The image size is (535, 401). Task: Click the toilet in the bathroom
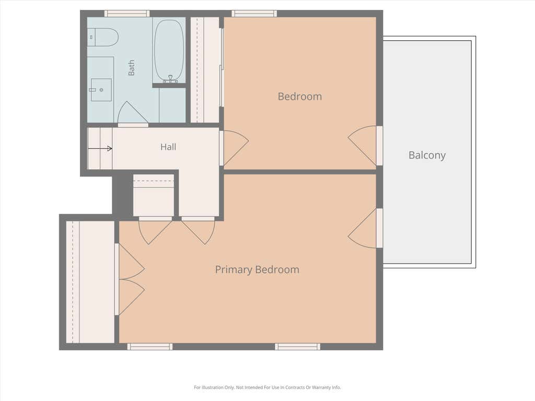coord(103,37)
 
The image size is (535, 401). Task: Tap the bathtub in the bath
coord(169,51)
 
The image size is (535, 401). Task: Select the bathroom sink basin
coord(101,90)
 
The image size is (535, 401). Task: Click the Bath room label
coord(131,67)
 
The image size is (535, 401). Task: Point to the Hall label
coord(168,147)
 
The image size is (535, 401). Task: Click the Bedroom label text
coord(299,97)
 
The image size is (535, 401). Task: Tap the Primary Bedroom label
coord(257,270)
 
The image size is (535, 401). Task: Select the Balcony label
coord(427,155)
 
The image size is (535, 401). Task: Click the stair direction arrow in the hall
coord(100,148)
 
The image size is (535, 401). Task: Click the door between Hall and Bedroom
coord(234,148)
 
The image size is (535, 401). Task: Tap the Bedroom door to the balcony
coord(365,146)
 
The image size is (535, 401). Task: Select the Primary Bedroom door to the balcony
coord(365,228)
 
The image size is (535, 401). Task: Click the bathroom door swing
coord(133,113)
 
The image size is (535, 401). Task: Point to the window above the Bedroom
coord(254,14)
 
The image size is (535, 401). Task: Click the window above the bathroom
coord(126,14)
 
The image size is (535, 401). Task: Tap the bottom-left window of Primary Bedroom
coord(150,347)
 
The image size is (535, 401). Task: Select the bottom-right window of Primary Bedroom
coord(297,347)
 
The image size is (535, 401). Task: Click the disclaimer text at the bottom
coord(267,387)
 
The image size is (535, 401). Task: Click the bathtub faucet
coord(170,79)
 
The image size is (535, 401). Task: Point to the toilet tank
coord(91,37)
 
